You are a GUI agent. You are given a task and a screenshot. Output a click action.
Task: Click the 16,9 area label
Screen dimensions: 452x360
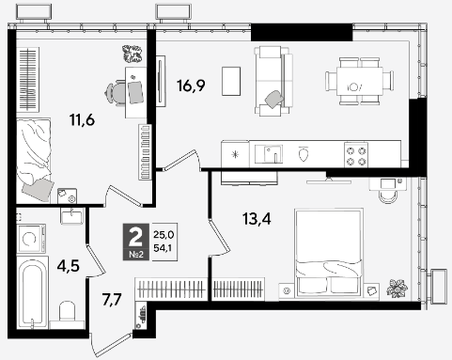pos(191,86)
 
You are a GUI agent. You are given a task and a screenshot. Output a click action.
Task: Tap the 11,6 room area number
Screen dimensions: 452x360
pos(82,120)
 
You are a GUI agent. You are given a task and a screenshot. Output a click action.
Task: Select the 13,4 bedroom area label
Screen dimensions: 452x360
pos(257,218)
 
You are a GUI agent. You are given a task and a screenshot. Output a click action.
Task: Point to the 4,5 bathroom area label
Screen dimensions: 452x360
pos(69,266)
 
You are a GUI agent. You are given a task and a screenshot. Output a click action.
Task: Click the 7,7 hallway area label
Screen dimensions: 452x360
pos(112,299)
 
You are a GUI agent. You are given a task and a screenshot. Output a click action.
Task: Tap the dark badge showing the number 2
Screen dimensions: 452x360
pos(136,242)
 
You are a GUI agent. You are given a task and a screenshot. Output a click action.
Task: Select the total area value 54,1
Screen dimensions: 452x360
pos(164,248)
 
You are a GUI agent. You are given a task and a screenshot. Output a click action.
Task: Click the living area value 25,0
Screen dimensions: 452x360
pos(164,234)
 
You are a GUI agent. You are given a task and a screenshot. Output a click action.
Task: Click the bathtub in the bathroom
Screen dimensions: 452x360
pos(33,292)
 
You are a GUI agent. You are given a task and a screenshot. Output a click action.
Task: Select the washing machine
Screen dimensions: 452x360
pos(31,239)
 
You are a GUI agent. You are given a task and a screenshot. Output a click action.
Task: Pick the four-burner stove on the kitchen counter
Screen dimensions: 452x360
pos(356,154)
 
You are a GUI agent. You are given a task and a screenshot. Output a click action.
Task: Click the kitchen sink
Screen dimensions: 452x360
pos(269,154)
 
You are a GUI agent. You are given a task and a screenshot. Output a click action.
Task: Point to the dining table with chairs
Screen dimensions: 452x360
pos(359,81)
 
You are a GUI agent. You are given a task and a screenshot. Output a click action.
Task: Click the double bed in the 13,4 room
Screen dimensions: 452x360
pos(329,253)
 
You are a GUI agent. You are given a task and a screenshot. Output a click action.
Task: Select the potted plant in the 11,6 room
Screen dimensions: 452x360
pos(132,53)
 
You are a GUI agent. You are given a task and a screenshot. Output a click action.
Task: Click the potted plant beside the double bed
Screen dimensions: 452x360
pos(397,289)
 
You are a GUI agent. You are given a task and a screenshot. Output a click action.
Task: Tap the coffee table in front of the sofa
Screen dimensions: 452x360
pos(231,81)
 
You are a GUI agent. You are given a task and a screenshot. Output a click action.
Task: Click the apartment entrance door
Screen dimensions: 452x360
pos(110,345)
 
